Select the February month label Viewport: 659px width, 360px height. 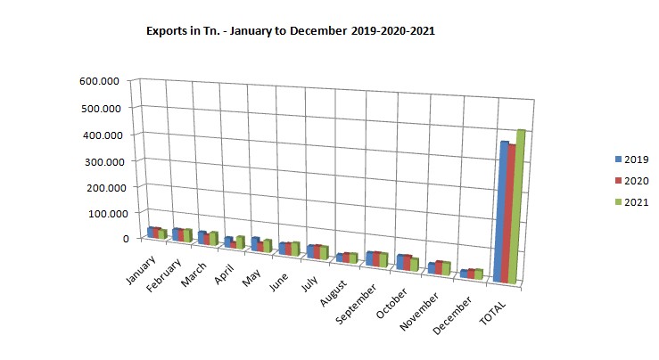(x=167, y=273)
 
